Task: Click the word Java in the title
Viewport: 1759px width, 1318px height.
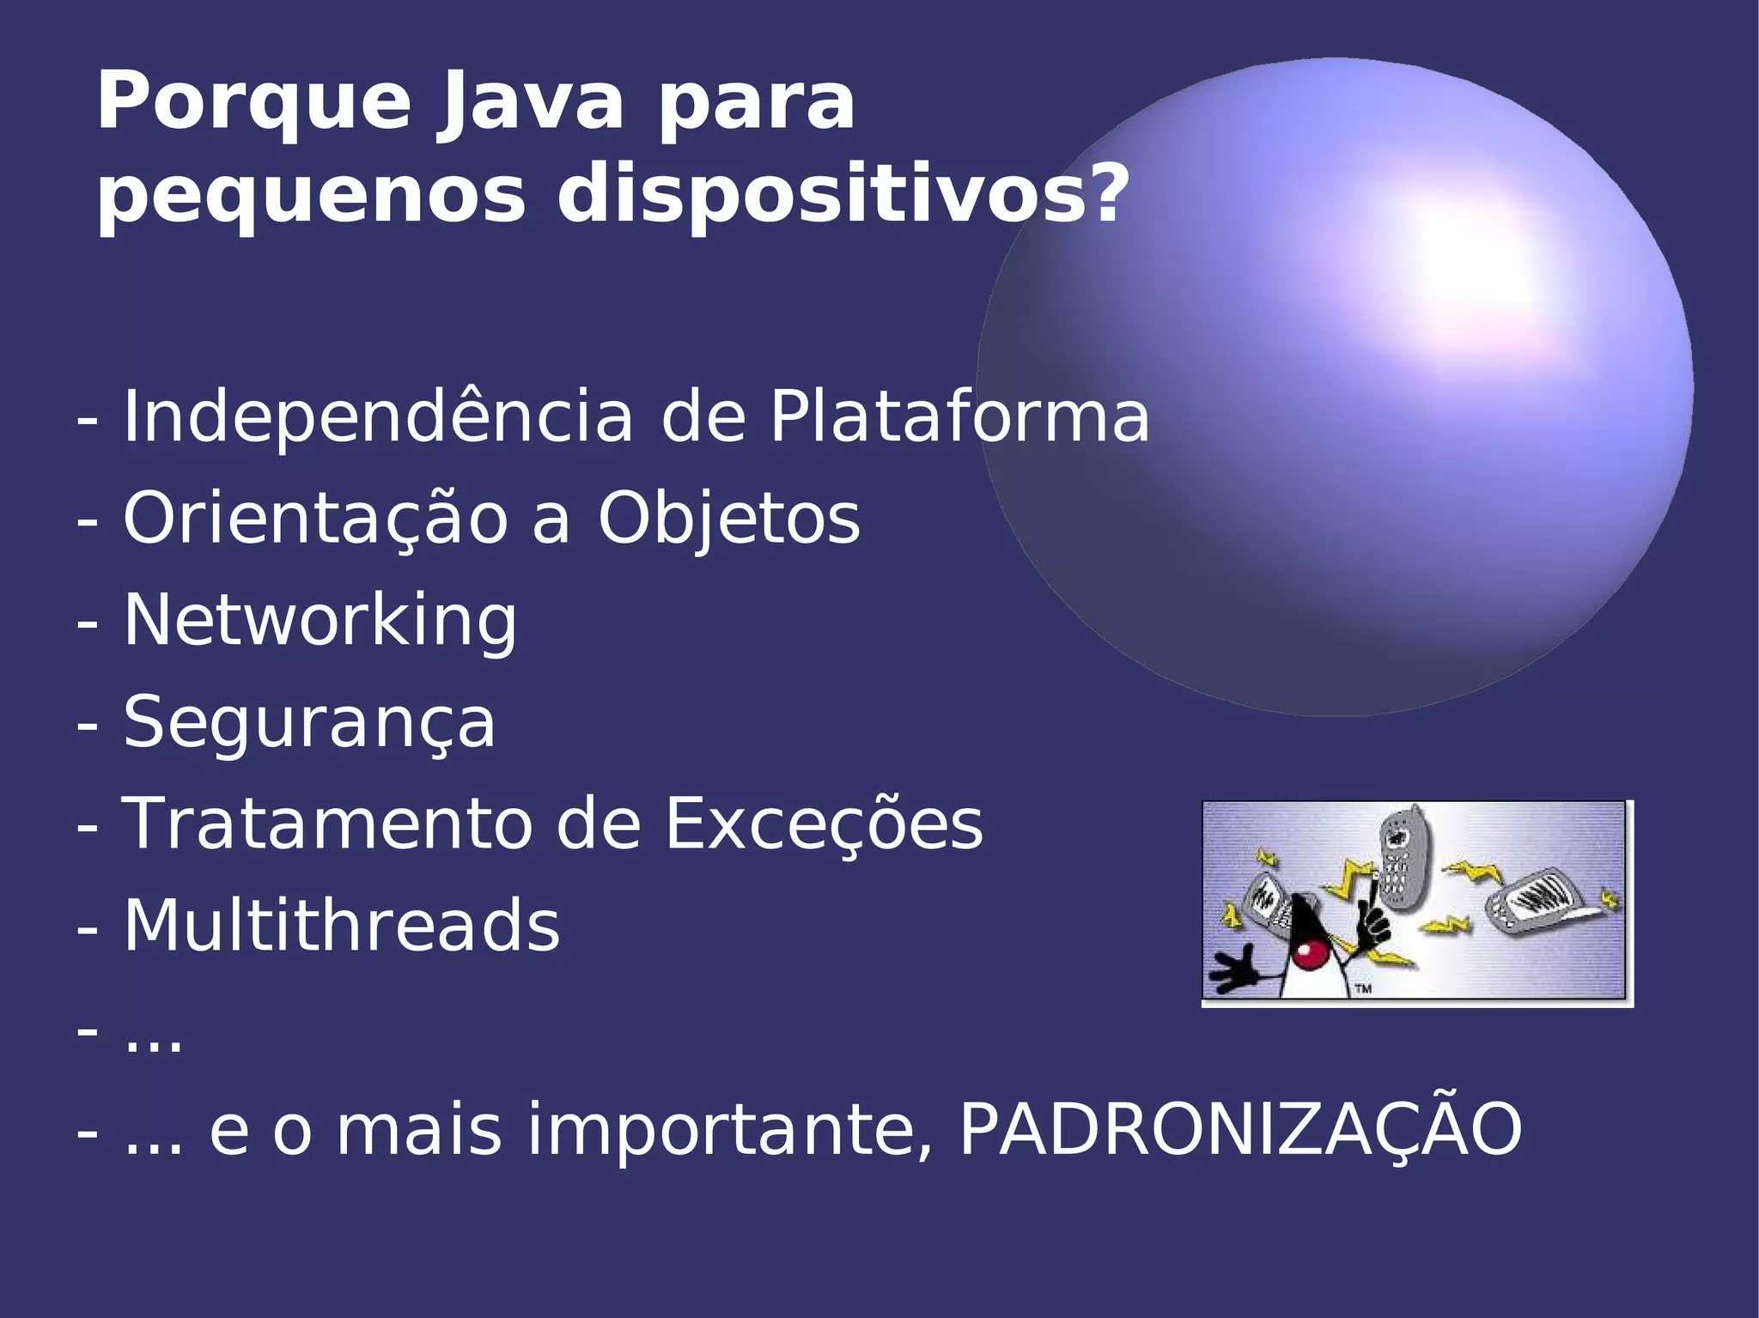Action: point(529,104)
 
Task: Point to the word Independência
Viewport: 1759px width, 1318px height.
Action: point(378,416)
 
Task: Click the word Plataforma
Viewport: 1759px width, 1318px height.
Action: point(959,416)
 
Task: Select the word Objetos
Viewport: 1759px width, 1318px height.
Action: point(728,519)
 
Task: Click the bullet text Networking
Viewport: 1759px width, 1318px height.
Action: point(320,620)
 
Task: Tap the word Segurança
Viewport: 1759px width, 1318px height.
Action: point(309,722)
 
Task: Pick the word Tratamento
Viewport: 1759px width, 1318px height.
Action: point(339,823)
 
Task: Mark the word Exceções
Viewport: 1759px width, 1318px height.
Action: point(824,823)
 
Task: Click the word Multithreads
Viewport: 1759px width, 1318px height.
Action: point(342,926)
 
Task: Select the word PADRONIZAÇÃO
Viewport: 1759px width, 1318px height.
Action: point(1240,1130)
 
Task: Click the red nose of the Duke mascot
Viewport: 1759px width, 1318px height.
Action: point(1310,954)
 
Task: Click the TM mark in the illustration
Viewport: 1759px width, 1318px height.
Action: point(1363,989)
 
